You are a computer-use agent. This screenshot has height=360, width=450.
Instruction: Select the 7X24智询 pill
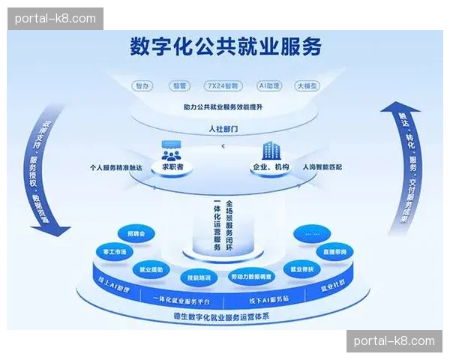tap(223, 85)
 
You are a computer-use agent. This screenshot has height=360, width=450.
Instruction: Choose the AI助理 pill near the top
tap(268, 85)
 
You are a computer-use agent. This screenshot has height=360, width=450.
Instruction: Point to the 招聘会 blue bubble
tap(136, 235)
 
